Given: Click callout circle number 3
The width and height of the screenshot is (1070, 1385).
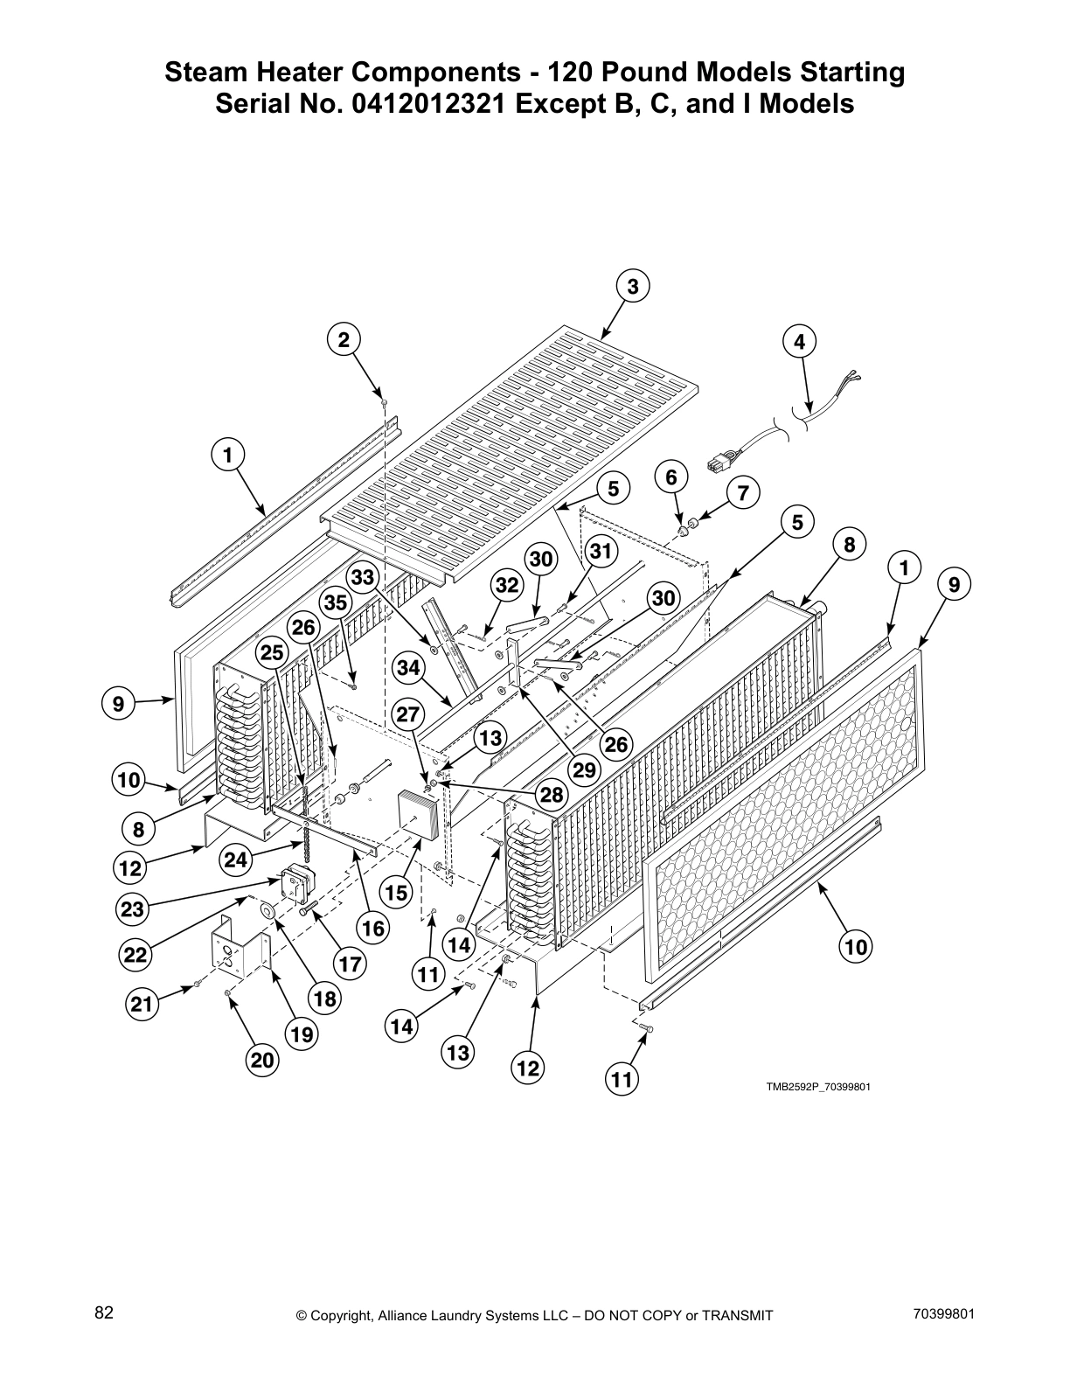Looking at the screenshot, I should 633,287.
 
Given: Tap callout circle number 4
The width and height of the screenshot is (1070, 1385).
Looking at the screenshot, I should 799,342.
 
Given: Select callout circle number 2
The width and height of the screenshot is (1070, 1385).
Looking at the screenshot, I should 344,340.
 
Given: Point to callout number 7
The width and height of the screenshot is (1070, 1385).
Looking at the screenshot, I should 742,494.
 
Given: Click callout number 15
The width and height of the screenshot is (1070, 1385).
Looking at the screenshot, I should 397,893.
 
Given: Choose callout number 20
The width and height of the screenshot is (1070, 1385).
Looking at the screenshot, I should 262,1061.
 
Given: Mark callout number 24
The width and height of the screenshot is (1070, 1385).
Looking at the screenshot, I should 235,860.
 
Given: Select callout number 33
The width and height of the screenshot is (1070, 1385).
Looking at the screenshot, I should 362,577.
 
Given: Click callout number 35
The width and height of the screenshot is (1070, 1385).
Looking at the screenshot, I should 334,603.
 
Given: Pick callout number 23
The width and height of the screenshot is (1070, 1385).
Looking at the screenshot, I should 132,909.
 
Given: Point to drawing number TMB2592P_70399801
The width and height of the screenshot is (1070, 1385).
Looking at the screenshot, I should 818,1087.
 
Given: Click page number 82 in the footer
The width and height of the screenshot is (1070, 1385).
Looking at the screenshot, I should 104,1313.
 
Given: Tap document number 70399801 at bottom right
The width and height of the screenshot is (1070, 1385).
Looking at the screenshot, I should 941,1313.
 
